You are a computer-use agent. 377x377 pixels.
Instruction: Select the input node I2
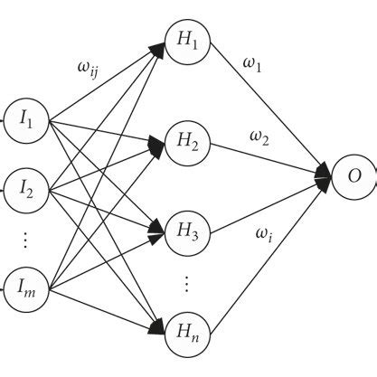[26, 189]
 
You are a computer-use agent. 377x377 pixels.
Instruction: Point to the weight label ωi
[261, 237]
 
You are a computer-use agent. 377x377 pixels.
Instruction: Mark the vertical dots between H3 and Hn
[185, 283]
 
